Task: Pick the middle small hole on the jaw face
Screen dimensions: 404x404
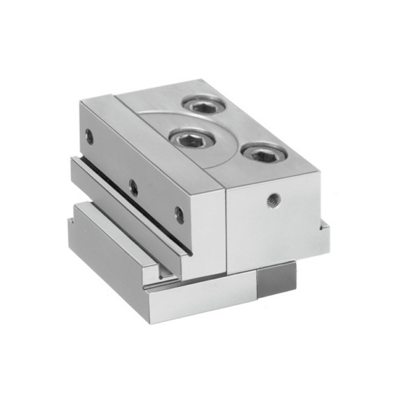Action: pos(132,187)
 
